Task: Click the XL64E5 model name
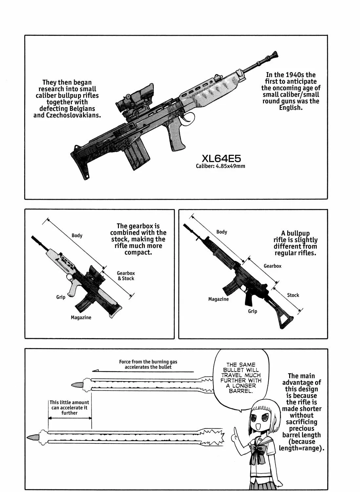click(x=221, y=158)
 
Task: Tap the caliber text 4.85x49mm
click(x=230, y=166)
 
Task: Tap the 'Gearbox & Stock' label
click(x=126, y=276)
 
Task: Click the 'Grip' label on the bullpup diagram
click(x=61, y=297)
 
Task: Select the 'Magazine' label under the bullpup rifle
click(x=81, y=318)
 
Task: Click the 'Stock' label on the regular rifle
click(x=293, y=295)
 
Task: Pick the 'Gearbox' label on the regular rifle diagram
click(x=272, y=266)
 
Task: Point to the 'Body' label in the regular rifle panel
click(x=222, y=232)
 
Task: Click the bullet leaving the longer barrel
click(x=32, y=437)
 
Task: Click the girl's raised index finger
click(x=235, y=431)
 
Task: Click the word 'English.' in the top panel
click(x=291, y=108)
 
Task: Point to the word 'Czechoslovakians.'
click(x=73, y=115)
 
